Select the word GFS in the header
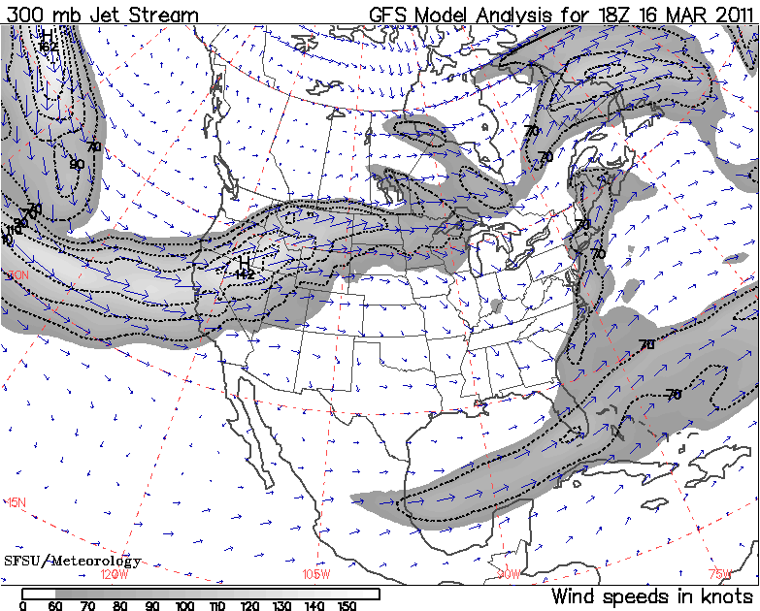[390, 16]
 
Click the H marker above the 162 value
[48, 35]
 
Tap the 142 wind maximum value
[245, 274]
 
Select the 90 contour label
[77, 164]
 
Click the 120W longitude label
[115, 574]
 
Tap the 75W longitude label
[719, 574]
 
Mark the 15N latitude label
[17, 502]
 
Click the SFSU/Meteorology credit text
[73, 561]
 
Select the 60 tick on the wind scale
[55, 606]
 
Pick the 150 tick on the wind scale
[345, 606]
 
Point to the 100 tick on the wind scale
[184, 606]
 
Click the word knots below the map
[724, 595]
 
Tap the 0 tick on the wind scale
[22, 606]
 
